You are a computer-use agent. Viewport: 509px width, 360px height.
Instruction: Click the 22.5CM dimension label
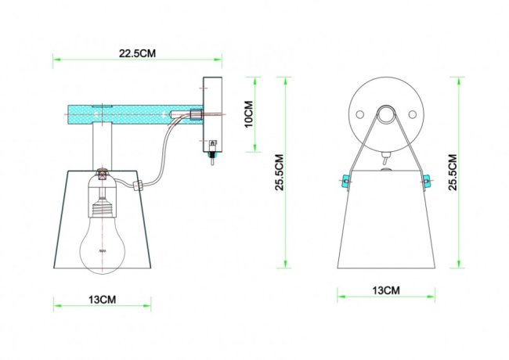coord(137,53)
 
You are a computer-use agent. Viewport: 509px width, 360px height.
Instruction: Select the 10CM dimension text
coord(249,115)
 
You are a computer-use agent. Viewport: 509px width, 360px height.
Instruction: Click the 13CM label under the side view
coord(103,300)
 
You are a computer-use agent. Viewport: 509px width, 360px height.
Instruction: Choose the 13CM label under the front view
coord(385,290)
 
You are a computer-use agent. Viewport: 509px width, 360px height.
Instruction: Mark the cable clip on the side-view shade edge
coord(139,185)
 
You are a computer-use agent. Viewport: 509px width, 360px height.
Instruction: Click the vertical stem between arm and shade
coord(103,146)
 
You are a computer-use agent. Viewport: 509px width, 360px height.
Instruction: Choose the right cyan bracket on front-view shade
coord(427,182)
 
